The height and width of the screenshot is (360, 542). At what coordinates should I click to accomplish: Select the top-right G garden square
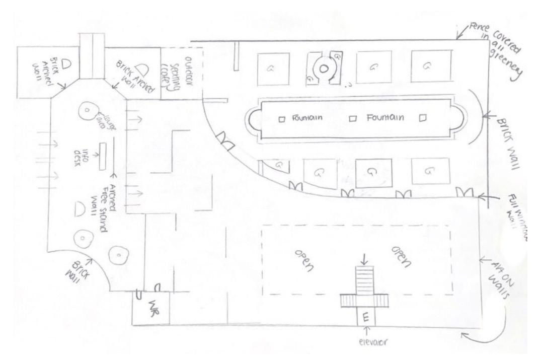point(428,66)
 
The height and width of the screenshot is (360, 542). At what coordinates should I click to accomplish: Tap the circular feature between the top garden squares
point(323,68)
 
